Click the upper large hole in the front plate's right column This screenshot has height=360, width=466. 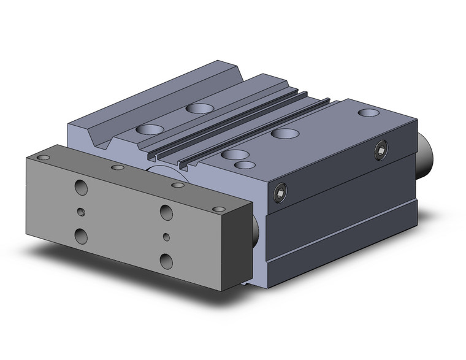pos(166,212)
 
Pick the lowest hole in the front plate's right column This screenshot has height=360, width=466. pos(166,260)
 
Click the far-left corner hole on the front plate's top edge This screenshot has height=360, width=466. pos(42,158)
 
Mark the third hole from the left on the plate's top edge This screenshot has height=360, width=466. pos(178,184)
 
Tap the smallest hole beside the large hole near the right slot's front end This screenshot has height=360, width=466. pos(245,165)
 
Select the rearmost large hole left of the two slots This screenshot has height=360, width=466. pos(197,109)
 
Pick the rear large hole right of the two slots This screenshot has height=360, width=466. pos(285,133)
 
